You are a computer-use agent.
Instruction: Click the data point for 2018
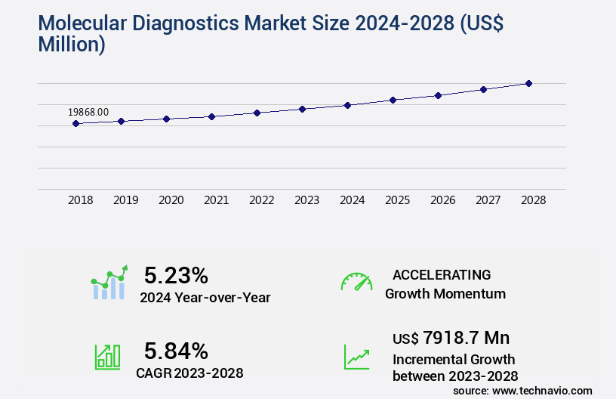pos(75,123)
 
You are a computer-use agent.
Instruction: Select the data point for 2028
pos(528,83)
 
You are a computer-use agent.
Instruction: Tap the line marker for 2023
pos(302,109)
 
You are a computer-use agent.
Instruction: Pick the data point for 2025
pos(393,100)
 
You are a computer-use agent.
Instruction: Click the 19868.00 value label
pos(88,112)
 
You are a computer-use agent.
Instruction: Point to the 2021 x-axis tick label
pos(216,200)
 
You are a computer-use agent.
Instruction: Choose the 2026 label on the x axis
pos(442,200)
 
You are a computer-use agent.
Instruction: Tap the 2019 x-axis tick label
pos(125,200)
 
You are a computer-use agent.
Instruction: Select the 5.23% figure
pos(176,275)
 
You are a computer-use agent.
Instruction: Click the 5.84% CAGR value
pos(176,351)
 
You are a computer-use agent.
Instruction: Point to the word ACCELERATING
pos(442,275)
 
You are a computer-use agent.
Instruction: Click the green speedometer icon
pos(356,282)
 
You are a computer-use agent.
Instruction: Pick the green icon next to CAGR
pos(107,357)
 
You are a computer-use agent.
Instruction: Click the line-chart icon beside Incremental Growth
pos(356,357)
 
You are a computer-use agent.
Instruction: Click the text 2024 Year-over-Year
pos(205,298)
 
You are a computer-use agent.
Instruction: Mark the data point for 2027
pos(483,89)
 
